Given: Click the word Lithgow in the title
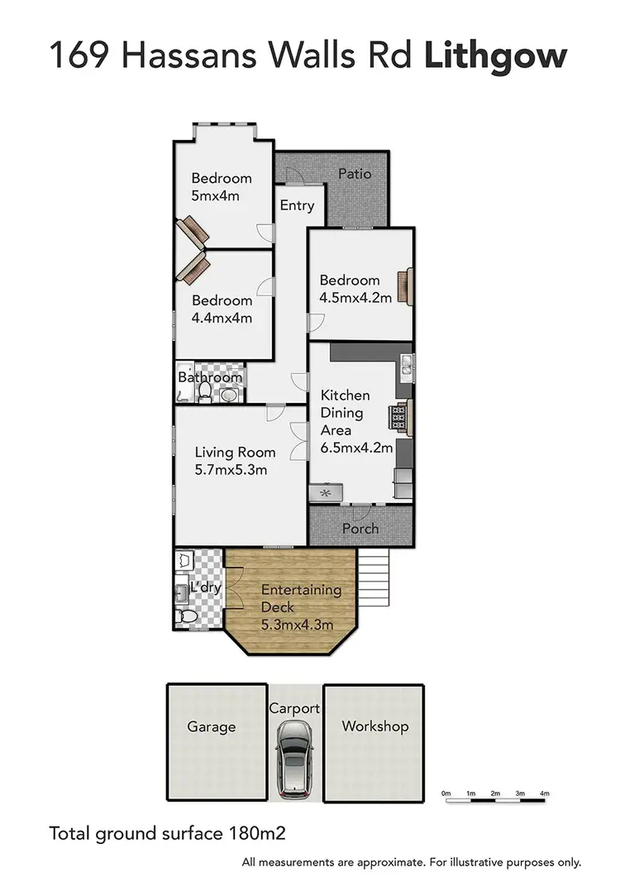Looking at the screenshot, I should (497, 55).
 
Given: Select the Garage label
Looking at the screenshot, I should (212, 727).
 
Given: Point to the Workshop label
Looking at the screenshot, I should (375, 726).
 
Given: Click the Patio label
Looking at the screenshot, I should (355, 174).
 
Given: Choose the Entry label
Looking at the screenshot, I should (297, 205).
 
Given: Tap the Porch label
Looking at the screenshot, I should (360, 529).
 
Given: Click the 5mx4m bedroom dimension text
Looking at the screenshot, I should (215, 196).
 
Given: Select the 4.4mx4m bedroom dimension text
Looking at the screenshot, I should (222, 319).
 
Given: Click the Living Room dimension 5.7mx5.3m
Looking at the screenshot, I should (231, 470).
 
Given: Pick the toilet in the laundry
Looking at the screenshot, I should (186, 616).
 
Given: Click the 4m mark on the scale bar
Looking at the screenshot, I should (545, 793).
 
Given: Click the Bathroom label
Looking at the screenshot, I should (211, 378).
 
